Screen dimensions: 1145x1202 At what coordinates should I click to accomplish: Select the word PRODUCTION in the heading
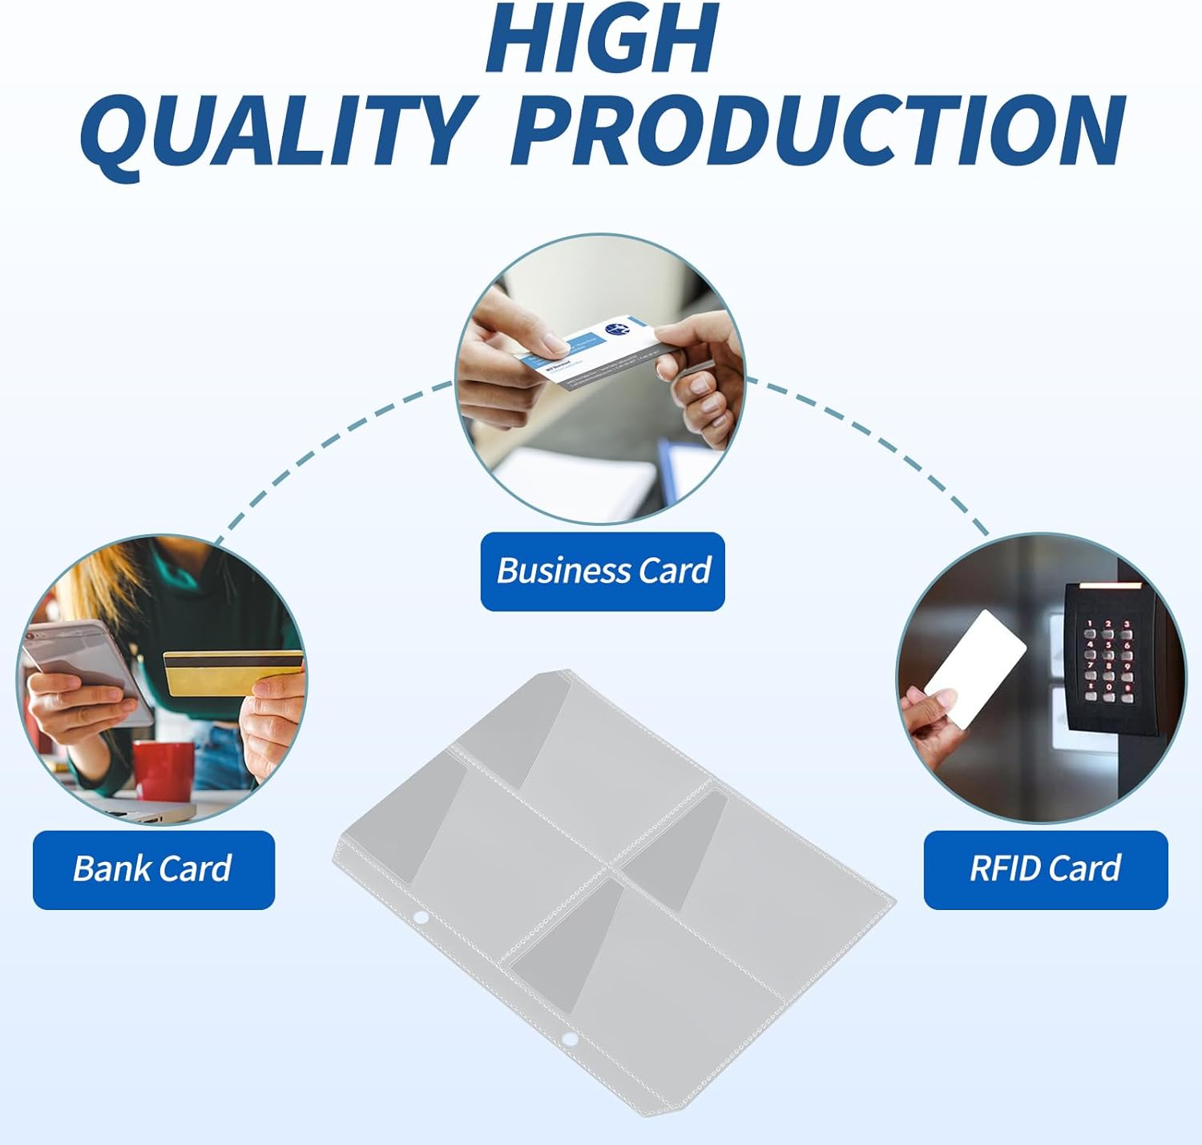point(819,131)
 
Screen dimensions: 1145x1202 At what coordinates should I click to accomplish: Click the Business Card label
point(603,571)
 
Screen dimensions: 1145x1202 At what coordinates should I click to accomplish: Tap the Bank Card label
point(153,869)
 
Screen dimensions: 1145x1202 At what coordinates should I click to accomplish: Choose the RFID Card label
point(1045,869)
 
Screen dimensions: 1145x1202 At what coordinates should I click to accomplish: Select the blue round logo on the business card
point(617,330)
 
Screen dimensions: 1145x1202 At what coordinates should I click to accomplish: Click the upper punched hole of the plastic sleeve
point(421,917)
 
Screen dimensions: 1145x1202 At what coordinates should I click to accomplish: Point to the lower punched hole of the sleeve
point(570,1040)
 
